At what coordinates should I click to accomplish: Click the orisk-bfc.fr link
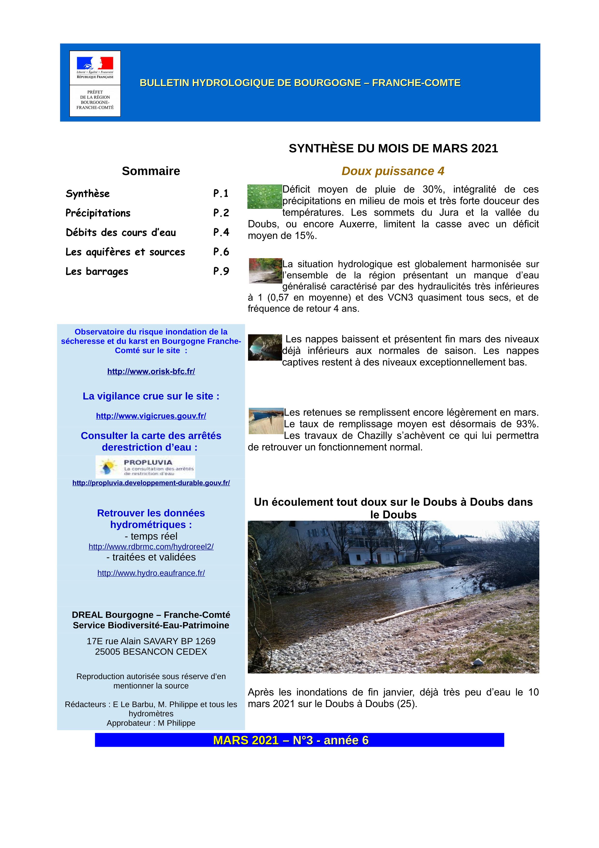pyautogui.click(x=151, y=372)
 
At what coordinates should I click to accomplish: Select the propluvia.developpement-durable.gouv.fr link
pyautogui.click(x=151, y=483)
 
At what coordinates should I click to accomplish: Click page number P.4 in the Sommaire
pyautogui.click(x=221, y=232)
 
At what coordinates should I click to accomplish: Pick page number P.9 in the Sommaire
pyautogui.click(x=221, y=271)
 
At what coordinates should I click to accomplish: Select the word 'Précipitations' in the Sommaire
pyautogui.click(x=98, y=213)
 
